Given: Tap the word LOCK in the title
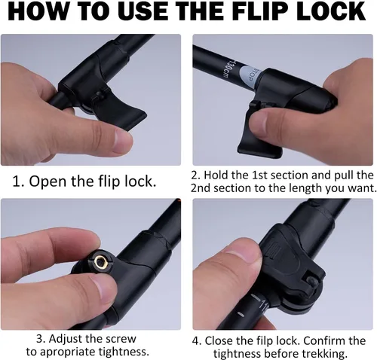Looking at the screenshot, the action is [x=329, y=11].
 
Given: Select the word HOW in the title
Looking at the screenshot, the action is [x=38, y=11].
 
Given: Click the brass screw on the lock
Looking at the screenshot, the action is [x=100, y=262].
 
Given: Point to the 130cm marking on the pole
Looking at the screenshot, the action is [x=224, y=69].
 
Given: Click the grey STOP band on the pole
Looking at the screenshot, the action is [x=248, y=77].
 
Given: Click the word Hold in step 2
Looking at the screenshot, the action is [x=216, y=175].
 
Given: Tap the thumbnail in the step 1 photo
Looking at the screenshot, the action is [x=121, y=142].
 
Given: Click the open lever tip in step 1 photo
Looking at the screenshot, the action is [x=138, y=118].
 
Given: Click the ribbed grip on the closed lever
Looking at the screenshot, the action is [x=274, y=251].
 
